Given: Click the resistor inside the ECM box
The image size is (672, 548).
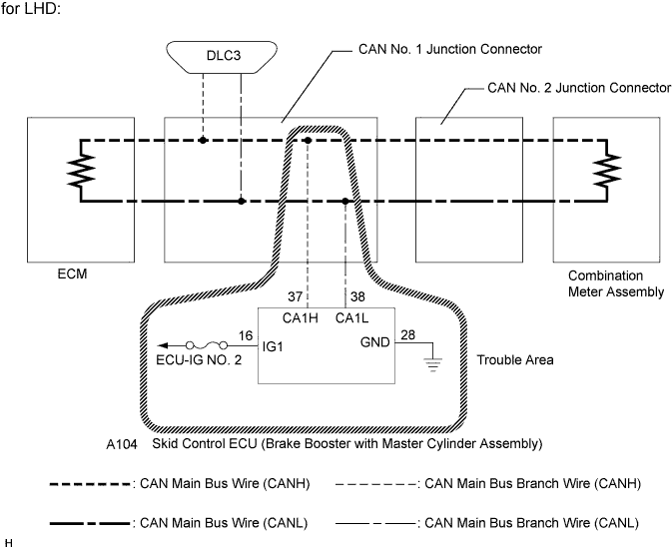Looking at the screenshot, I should click(75, 171).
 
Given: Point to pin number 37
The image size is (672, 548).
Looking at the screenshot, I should click(294, 295).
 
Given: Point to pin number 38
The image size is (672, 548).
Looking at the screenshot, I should click(356, 295).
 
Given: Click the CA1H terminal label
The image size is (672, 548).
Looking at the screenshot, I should click(301, 318).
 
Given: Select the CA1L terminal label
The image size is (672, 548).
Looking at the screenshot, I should click(351, 318).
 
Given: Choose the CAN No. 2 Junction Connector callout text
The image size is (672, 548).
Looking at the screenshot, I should click(579, 88).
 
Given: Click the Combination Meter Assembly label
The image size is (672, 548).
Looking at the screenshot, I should click(615, 283).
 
